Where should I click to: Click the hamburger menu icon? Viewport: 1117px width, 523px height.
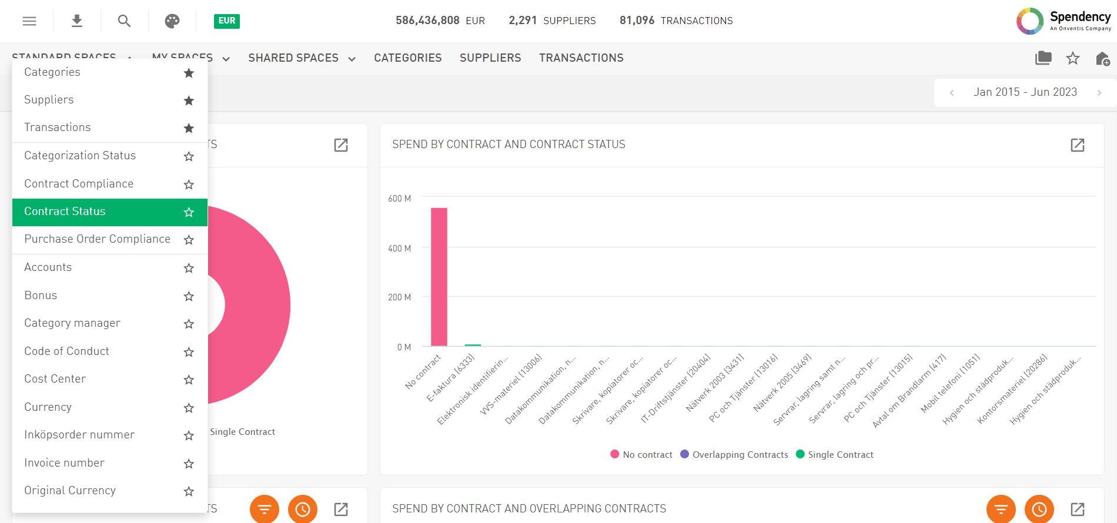click(29, 21)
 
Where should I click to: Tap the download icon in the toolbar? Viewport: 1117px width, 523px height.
click(77, 21)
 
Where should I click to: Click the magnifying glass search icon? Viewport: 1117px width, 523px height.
click(124, 21)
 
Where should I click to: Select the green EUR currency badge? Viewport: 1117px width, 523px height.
click(227, 21)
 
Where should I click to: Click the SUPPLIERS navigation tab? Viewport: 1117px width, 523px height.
click(490, 58)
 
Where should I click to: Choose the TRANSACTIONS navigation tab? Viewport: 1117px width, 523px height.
click(581, 58)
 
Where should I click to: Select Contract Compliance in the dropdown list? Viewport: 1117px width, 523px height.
click(79, 184)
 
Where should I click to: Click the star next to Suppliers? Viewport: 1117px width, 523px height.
click(189, 100)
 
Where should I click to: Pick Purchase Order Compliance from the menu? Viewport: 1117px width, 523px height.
click(97, 239)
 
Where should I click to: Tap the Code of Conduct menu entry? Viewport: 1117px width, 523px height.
click(66, 351)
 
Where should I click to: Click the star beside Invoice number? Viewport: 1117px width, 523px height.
click(189, 464)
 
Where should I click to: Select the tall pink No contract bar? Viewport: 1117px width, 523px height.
click(439, 276)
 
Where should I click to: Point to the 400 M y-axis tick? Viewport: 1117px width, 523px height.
click(400, 249)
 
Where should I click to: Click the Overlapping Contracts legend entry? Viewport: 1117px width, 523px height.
click(740, 455)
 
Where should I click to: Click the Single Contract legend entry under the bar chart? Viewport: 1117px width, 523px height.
click(840, 455)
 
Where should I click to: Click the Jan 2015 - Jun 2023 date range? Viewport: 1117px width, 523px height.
click(1025, 92)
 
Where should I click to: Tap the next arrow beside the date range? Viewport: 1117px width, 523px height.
click(1099, 93)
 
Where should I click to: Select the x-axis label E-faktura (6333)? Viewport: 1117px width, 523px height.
click(451, 378)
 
